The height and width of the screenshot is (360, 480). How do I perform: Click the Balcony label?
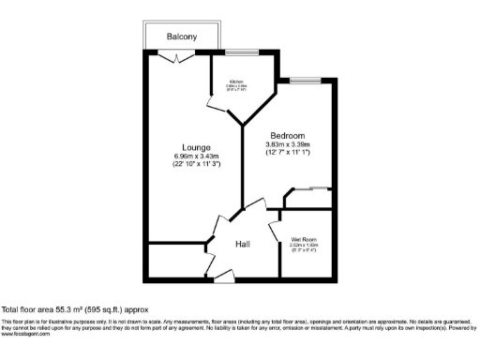(182, 37)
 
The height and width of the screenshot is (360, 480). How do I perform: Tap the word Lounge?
(196, 146)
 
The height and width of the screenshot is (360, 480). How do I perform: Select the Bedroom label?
(287, 135)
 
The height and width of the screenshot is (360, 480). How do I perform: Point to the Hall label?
(242, 244)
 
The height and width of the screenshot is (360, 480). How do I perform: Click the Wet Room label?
(304, 240)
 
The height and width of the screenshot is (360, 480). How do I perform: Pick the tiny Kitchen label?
(235, 82)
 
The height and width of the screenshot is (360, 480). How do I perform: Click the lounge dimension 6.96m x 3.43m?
(196, 156)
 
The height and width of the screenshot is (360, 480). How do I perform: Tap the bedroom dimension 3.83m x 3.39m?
(287, 144)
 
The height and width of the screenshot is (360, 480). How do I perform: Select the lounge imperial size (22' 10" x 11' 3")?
(196, 164)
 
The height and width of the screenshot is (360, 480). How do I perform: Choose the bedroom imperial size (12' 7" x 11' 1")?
(287, 152)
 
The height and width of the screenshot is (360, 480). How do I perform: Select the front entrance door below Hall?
(223, 274)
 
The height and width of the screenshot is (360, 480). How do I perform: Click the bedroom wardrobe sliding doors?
(313, 191)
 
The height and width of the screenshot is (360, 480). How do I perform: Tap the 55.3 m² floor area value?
(67, 308)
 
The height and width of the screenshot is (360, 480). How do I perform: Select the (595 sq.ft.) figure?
(105, 308)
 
